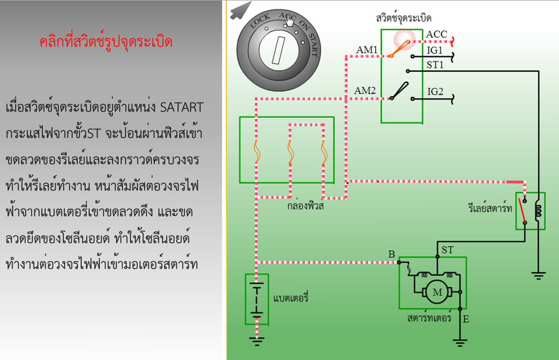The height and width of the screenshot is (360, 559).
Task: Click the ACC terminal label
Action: tap(436, 34)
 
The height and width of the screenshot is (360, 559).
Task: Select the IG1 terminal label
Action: tap(435, 50)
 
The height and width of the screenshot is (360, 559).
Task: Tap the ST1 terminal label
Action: tap(435, 65)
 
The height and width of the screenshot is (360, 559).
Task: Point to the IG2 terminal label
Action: tap(435, 92)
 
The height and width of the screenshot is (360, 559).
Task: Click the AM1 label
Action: tap(367, 50)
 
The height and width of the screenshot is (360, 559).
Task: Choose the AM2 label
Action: tap(364, 90)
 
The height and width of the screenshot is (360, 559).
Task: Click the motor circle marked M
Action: tap(437, 292)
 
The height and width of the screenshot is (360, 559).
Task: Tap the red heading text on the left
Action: tap(106, 42)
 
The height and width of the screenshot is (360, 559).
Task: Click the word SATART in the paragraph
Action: tap(182, 107)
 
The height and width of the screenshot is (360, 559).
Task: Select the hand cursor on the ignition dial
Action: tap(289, 21)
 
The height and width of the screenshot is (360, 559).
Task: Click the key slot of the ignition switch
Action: tap(278, 50)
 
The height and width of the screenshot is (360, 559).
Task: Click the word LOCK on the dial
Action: tap(260, 21)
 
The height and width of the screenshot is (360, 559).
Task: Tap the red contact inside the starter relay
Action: tap(522, 210)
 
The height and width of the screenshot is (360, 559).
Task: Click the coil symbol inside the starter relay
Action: tap(538, 210)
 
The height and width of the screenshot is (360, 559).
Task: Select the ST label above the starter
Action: tap(447, 250)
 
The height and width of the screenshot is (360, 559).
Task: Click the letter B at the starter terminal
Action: tap(391, 254)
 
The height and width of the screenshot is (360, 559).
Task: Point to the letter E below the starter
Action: tap(466, 319)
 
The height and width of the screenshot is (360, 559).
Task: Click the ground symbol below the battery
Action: tap(256, 341)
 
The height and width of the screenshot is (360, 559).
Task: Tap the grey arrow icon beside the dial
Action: tap(240, 10)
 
